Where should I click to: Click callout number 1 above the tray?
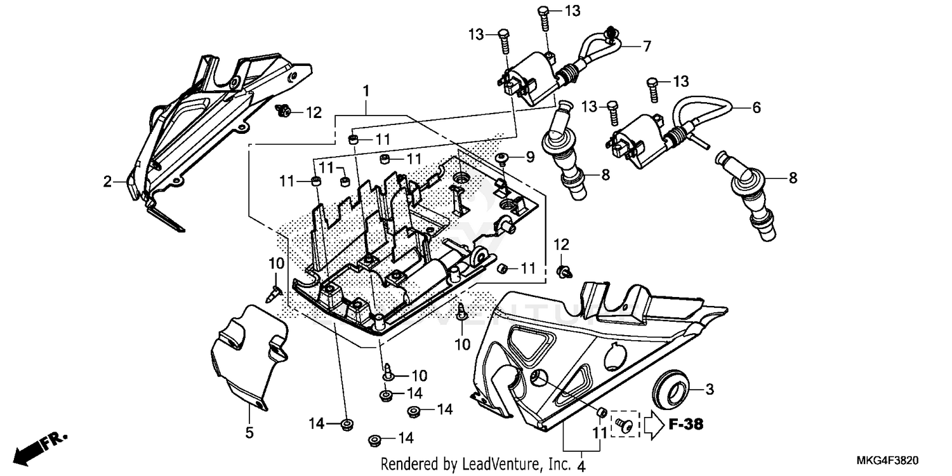tap(366, 91)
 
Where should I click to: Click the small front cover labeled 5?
tap(248, 355)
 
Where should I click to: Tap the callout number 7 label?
tap(647, 46)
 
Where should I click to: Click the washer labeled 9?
tap(501, 158)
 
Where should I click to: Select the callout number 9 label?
tap(529, 156)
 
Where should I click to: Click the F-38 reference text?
tap(685, 425)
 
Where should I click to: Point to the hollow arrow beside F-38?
tap(654, 425)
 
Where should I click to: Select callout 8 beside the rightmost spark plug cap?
tap(792, 179)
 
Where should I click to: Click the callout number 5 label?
tap(249, 433)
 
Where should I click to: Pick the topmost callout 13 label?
tap(572, 11)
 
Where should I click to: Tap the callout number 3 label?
tap(710, 388)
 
